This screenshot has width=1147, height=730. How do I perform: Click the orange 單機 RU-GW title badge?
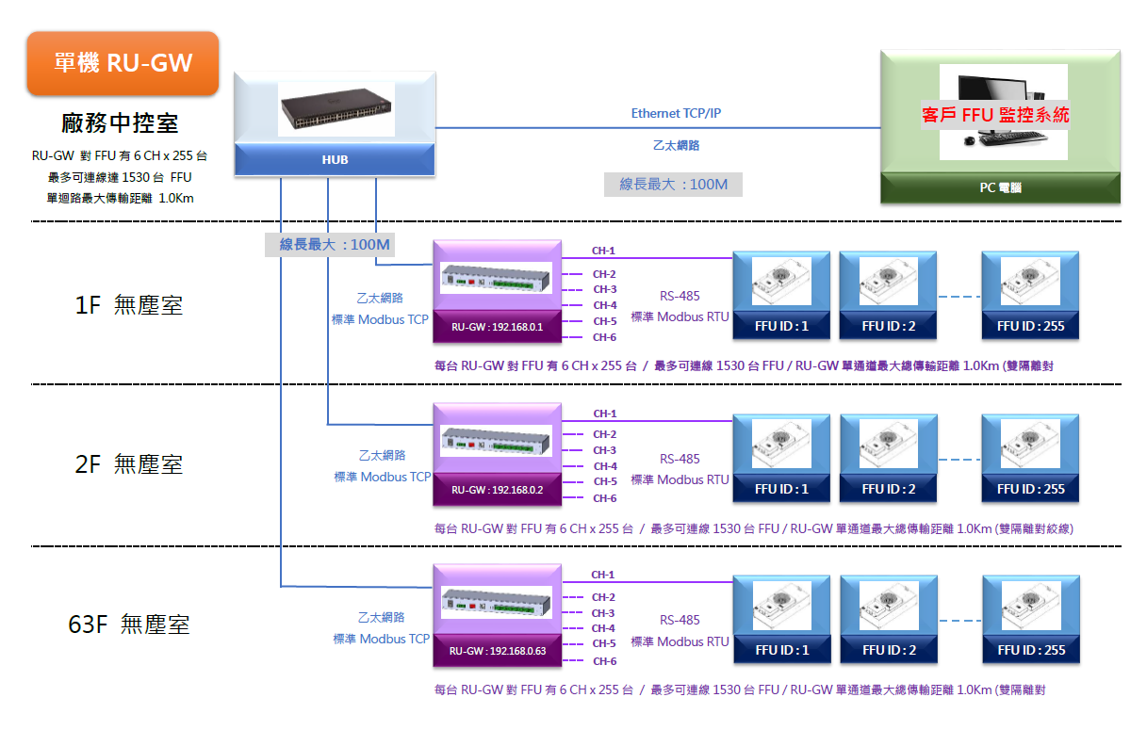coord(123,63)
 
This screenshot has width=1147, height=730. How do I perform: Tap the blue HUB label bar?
coord(335,159)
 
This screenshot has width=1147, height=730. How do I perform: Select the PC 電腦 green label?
coord(1000,187)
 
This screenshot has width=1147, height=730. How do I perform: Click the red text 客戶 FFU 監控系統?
coord(995,116)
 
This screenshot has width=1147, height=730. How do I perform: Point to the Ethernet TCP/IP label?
coord(676,113)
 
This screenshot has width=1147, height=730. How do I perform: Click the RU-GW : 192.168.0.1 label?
coord(497,327)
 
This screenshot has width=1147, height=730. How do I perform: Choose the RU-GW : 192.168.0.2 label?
coord(497,490)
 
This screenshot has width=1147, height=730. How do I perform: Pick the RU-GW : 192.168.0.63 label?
coord(497,651)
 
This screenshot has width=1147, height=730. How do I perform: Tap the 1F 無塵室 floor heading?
coord(129,304)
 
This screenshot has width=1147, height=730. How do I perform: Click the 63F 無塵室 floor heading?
coord(129,625)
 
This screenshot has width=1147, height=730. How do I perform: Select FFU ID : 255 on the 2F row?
coord(1030,489)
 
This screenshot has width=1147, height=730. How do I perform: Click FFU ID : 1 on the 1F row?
coord(781,326)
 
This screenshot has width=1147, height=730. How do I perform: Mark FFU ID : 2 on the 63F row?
coord(888,650)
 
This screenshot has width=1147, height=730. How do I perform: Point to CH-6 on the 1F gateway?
coord(604,337)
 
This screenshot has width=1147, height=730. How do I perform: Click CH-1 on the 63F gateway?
coord(603,575)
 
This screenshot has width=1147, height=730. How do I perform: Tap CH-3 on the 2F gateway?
coord(604,450)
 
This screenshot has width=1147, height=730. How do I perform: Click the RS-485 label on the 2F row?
coord(680,459)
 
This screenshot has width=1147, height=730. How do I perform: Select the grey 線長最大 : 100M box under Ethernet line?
coord(673,185)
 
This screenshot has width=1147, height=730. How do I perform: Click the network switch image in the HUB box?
coord(335,109)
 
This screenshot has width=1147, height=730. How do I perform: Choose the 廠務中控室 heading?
coord(120,122)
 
